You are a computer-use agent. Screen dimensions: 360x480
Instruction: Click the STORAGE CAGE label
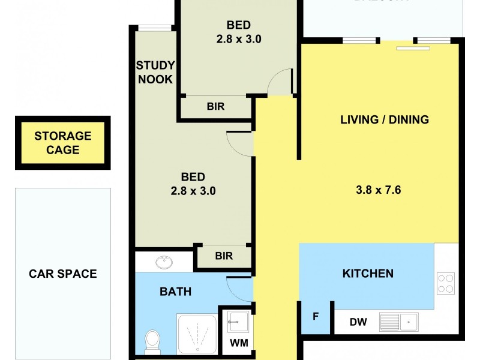point(63,143)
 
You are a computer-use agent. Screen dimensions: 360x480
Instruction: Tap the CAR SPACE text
point(63,274)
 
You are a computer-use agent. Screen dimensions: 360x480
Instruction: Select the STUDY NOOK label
point(155,72)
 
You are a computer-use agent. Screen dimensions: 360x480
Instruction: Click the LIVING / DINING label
point(385,119)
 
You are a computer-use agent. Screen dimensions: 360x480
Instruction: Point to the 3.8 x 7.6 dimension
point(378,191)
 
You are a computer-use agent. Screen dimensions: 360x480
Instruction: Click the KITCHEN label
point(368,274)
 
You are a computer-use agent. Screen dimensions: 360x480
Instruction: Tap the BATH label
point(175,292)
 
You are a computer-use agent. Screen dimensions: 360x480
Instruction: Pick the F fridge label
point(316,316)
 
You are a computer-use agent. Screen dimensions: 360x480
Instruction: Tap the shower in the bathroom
point(196,334)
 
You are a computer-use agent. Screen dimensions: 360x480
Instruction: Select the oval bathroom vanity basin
point(163,262)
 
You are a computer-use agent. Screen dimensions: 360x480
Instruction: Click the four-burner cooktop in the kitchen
point(446,283)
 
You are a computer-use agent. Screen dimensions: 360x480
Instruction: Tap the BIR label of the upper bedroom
point(216,107)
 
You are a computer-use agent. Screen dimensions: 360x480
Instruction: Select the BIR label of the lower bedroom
point(224,256)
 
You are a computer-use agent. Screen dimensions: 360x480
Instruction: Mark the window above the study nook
point(155,27)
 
